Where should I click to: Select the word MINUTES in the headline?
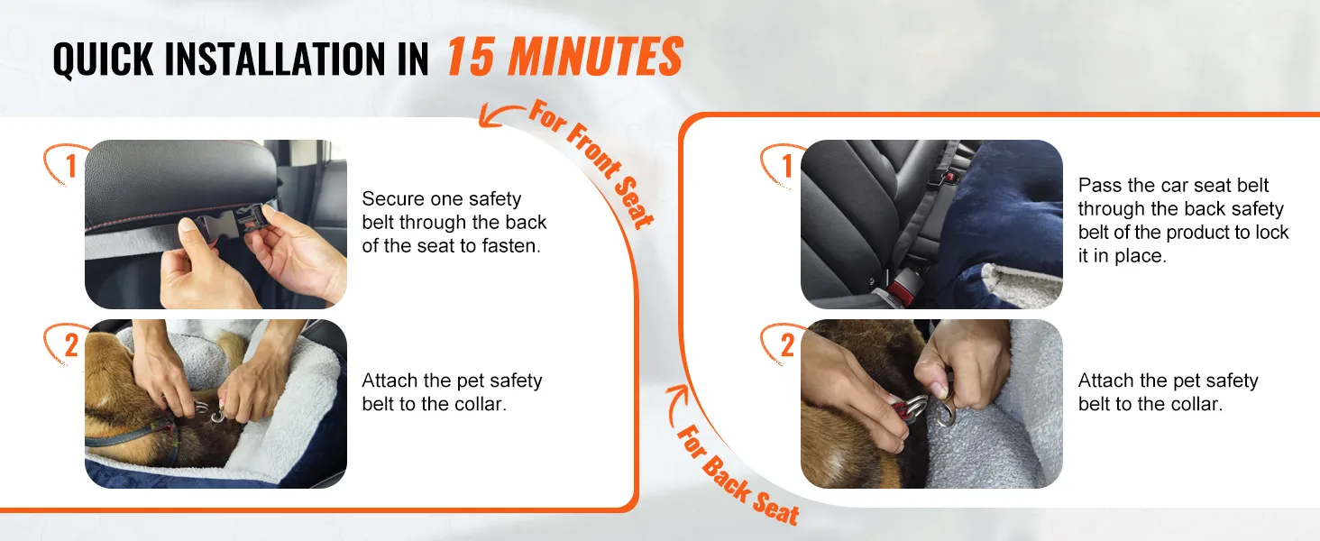coord(595,57)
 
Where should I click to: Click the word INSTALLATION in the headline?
coord(275,59)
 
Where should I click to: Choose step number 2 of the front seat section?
coord(71,345)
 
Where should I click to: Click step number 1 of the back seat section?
coord(787,166)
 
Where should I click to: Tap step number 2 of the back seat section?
coord(787,345)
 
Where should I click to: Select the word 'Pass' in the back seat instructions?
coord(1100,185)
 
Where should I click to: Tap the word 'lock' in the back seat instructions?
coord(1271,233)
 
